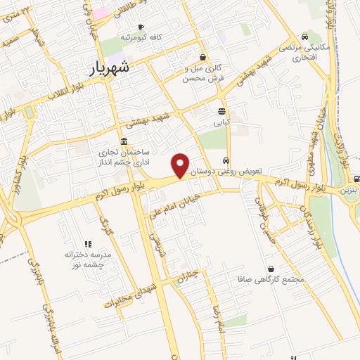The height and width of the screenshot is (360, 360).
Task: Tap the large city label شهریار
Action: (x=119, y=67)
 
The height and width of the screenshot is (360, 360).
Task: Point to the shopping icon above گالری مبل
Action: (x=203, y=58)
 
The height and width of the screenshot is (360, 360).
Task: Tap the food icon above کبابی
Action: (x=222, y=111)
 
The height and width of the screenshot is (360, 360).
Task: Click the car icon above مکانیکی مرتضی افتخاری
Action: (x=304, y=37)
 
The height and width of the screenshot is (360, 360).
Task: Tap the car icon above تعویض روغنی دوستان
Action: (x=226, y=159)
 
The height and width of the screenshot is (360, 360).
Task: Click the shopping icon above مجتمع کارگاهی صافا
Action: (x=271, y=269)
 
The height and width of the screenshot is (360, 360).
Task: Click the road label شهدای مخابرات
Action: (x=128, y=295)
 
